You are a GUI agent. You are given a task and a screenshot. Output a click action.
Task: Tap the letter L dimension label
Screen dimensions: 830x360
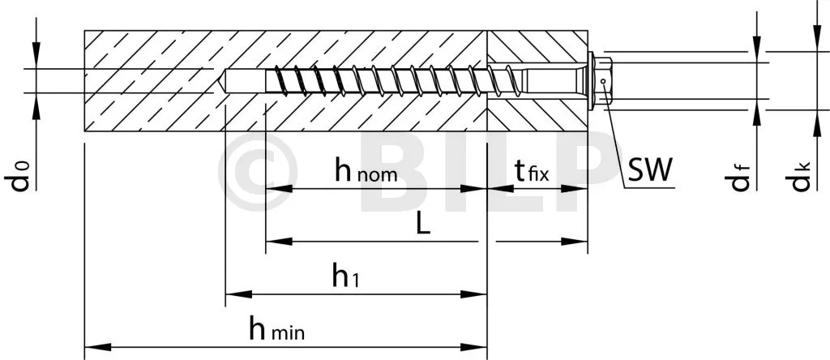point(421,225)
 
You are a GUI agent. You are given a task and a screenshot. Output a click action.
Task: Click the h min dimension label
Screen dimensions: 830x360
point(277,329)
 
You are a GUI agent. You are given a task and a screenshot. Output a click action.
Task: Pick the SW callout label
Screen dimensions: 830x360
point(650,170)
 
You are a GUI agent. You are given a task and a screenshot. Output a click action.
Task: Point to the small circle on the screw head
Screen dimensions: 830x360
point(603,81)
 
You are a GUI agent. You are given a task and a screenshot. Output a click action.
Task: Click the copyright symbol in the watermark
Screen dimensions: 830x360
point(258,171)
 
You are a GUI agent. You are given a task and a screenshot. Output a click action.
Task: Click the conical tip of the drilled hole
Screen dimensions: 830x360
point(220,80)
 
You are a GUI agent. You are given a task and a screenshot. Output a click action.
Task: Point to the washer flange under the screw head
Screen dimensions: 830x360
point(592,80)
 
